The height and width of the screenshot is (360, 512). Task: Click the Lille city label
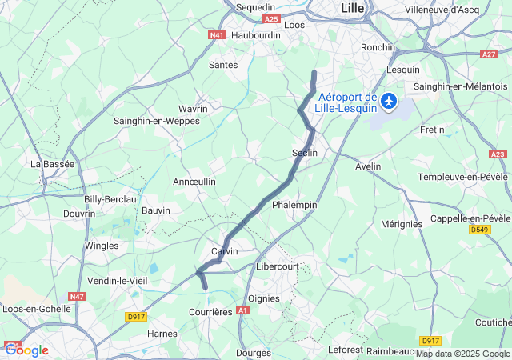point(353,7)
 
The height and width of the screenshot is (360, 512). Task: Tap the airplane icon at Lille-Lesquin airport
point(389,100)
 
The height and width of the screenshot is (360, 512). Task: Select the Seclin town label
point(305,153)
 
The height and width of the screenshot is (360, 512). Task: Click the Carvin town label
point(224,251)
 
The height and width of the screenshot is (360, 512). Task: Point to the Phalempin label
point(294,205)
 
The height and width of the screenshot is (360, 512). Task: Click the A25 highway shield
point(271,18)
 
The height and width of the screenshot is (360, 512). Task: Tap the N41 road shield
point(217,35)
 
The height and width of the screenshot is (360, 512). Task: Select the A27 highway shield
point(489,54)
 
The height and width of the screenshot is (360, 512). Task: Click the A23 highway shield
point(498,154)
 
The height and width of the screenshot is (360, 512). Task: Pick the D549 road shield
point(479,230)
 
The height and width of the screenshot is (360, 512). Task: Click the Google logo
point(26,350)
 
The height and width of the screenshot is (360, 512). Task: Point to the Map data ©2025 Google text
point(462,354)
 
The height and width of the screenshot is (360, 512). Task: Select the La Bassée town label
point(53,164)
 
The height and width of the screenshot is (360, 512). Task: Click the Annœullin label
point(194,182)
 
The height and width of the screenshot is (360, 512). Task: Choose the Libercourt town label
point(277,265)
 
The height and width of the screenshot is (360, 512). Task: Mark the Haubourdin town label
point(256,35)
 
